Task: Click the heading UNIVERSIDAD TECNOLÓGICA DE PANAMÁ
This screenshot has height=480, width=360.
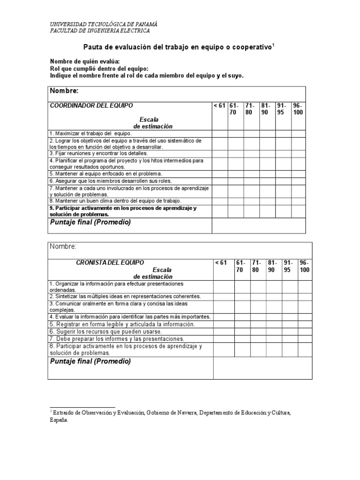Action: point(104,24)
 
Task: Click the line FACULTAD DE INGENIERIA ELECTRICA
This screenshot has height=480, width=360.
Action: point(100,31)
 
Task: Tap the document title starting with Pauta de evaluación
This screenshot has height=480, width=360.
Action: point(178,47)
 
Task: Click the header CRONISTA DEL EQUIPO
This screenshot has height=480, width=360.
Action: point(110,262)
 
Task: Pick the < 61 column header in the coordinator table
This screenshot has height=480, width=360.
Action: point(219,105)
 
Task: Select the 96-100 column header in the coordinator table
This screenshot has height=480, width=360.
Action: point(298,109)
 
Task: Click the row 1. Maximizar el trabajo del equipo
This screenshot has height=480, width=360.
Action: point(88,134)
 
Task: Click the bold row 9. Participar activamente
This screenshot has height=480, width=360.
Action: point(123,211)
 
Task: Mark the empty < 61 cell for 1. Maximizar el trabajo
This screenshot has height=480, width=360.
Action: point(219,134)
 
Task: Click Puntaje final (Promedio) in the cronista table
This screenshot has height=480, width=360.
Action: point(90,361)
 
